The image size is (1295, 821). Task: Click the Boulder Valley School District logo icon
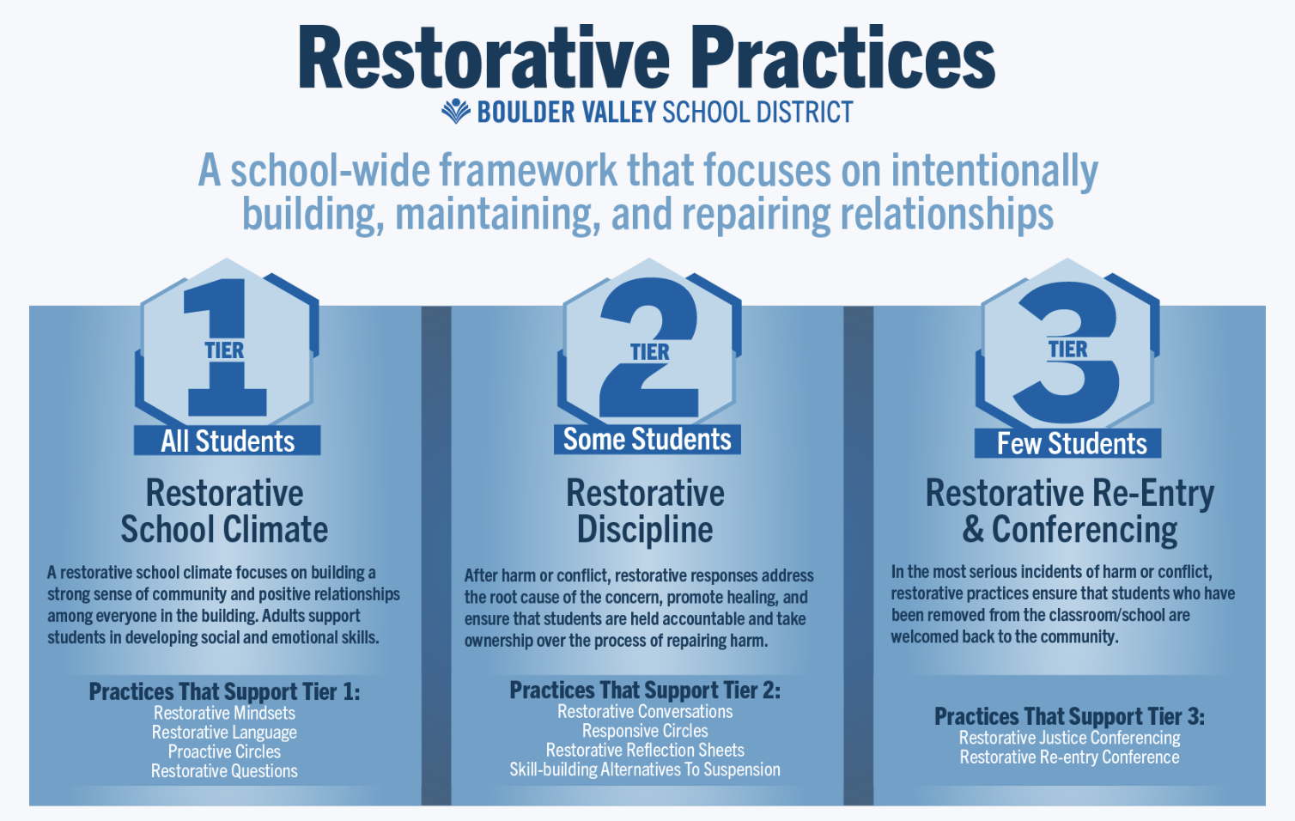point(456,111)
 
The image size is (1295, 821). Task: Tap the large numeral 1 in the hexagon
point(226,347)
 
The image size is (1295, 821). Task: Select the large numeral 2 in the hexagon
point(648,347)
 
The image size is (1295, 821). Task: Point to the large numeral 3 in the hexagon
point(1067,352)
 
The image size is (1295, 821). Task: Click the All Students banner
point(228,441)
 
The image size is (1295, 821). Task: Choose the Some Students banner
point(647,440)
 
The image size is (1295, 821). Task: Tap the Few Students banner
point(1067,443)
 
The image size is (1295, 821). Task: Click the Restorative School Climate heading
point(224,511)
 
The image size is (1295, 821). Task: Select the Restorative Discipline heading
point(645,511)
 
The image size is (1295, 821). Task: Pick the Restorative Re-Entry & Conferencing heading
point(1069,511)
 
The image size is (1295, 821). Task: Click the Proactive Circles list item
point(224,751)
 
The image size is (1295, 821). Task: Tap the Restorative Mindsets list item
point(224,713)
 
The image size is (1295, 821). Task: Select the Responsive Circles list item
point(645,731)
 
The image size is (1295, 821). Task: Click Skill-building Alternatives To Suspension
point(645,769)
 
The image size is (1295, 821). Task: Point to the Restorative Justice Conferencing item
point(1069,738)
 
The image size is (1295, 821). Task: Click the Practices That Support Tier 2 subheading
point(645,690)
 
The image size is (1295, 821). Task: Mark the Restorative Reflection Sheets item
point(645,751)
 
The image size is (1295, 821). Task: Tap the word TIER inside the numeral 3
point(1067,350)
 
